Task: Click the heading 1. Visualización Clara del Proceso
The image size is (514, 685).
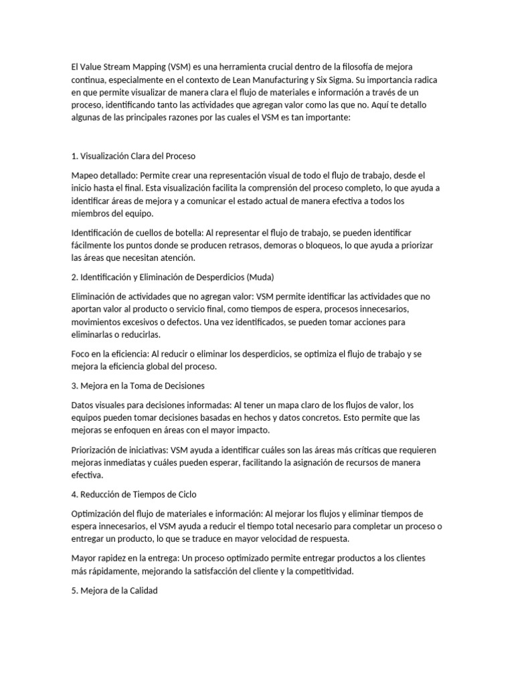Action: click(133, 156)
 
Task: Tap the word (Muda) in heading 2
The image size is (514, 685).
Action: click(260, 277)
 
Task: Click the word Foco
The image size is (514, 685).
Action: click(81, 354)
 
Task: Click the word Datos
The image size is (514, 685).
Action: click(83, 405)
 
